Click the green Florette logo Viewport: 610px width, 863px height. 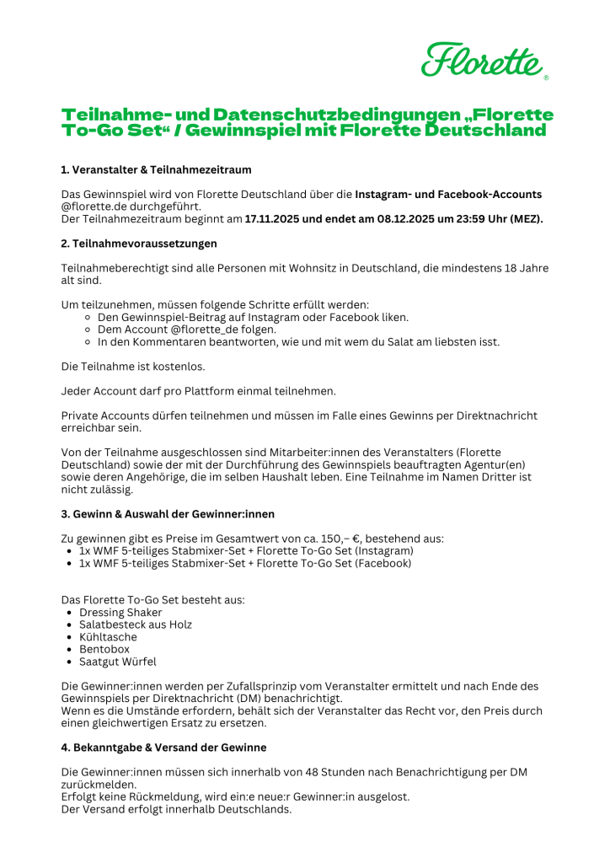(x=484, y=60)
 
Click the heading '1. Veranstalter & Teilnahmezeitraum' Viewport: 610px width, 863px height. (x=156, y=169)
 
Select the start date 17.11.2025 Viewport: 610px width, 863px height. (x=276, y=219)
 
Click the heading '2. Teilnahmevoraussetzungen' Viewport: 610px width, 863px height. (x=139, y=244)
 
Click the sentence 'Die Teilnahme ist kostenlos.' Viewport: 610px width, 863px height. (x=133, y=367)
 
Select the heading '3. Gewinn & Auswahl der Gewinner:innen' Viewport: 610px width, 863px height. (x=168, y=514)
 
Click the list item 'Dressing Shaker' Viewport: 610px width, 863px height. (x=120, y=613)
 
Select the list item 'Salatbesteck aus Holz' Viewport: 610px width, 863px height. (x=136, y=624)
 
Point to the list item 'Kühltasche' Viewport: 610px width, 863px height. (x=108, y=637)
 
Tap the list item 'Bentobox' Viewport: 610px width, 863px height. (x=104, y=650)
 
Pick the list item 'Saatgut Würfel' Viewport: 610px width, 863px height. (x=118, y=662)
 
